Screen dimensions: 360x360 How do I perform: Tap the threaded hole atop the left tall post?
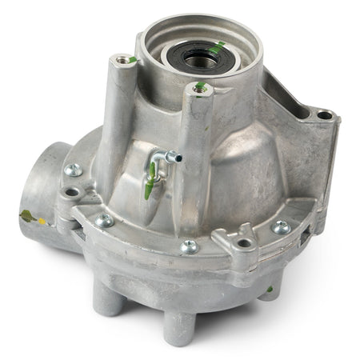(x=122, y=59)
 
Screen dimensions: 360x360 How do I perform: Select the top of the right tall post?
(x=201, y=89)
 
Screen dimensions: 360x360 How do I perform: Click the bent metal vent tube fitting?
(x=166, y=158)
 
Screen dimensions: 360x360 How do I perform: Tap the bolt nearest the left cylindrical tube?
(x=74, y=169)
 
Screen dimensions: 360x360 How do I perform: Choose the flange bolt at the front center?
(x=189, y=246)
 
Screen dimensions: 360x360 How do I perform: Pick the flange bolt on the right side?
(x=281, y=227)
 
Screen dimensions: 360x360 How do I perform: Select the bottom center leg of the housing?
(x=178, y=324)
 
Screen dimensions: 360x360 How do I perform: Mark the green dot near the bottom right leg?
(x=270, y=288)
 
